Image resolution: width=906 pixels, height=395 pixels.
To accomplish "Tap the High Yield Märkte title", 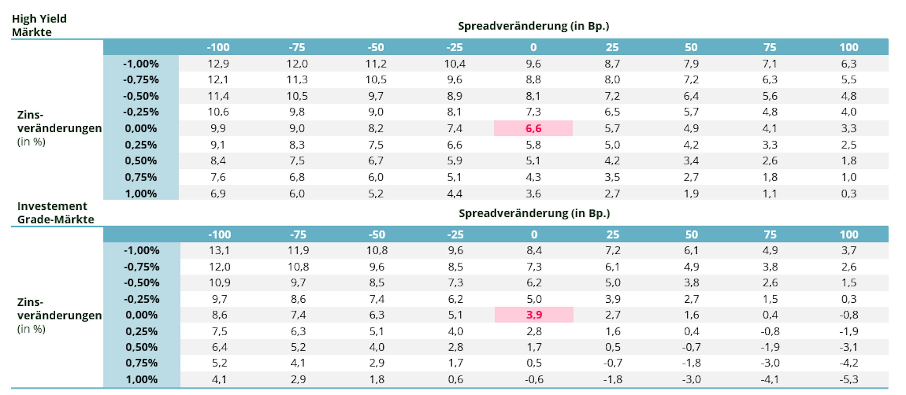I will pos(39,25).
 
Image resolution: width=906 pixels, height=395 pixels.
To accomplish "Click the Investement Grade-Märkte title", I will pos(56,213).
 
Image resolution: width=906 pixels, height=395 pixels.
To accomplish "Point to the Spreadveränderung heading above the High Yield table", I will pos(533,26).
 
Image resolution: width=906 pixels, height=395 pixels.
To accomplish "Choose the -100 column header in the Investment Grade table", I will pos(219,235).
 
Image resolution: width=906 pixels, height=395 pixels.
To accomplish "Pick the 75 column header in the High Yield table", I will pos(770,47).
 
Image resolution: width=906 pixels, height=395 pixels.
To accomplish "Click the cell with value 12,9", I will pos(218,64).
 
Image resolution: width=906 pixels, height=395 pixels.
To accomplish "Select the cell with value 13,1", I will pos(219,250).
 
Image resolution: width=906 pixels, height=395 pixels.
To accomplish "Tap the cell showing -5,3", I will pos(849,379).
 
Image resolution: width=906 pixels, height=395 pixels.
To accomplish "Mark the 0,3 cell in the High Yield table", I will pos(849,193).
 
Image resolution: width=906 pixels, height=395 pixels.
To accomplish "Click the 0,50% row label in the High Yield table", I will pos(141,160).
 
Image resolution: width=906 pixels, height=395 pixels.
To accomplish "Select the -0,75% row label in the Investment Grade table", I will pos(141,267).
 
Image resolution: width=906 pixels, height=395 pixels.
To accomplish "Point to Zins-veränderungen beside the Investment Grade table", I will pos(59,309).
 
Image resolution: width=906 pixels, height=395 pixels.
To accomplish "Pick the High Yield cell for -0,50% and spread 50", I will pos(691,96).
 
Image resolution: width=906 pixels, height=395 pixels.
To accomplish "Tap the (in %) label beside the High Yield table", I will pos(31,142).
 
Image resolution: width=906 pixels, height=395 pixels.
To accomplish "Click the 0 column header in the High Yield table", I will pos(533,47).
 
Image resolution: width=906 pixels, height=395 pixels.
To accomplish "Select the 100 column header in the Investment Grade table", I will pos(849,235).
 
